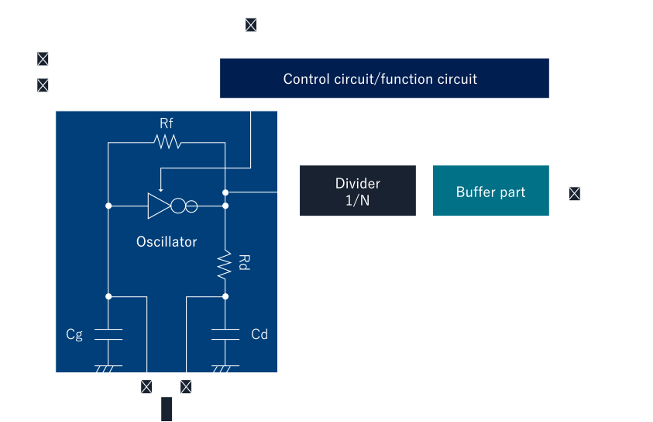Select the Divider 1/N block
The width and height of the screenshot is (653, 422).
click(357, 191)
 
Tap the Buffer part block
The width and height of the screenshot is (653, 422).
click(490, 191)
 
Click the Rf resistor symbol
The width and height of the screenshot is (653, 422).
click(167, 141)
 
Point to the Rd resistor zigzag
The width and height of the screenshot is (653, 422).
click(225, 264)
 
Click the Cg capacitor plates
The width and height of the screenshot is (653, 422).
click(108, 334)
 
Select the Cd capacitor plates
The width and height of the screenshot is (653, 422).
click(225, 334)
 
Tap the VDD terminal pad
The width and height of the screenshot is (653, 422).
click(43, 59)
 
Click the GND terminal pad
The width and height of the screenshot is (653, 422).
click(43, 85)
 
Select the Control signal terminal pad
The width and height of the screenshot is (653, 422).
click(251, 25)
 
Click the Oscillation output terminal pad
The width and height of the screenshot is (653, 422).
click(574, 192)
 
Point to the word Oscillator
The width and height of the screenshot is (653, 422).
click(167, 241)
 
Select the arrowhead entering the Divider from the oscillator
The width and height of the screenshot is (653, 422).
click(295, 191)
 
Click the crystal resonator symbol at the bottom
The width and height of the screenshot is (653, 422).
click(167, 408)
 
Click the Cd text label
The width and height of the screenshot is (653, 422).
click(259, 334)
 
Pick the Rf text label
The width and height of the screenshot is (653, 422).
click(167, 123)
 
